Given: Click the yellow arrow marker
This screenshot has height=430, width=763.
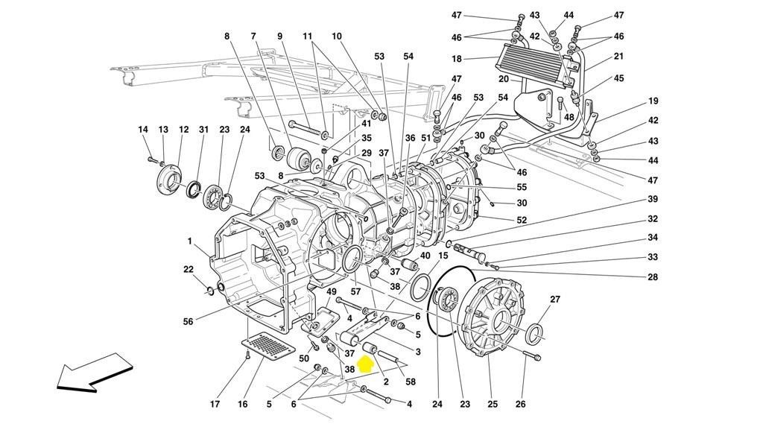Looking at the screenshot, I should pyautogui.click(x=366, y=364).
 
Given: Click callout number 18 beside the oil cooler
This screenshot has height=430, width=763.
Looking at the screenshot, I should pyautogui.click(x=457, y=59).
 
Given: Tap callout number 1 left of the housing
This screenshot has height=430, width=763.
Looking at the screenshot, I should pyautogui.click(x=190, y=241).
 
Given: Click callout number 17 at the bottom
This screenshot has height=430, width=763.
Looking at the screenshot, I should pyautogui.click(x=215, y=405).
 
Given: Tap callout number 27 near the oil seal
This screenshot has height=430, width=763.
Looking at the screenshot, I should pyautogui.click(x=555, y=300).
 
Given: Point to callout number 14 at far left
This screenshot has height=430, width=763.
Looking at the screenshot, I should pyautogui.click(x=143, y=130).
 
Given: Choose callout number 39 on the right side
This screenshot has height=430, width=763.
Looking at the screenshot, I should pyautogui.click(x=653, y=199).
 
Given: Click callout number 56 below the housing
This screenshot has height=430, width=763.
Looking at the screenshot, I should pyautogui.click(x=189, y=322).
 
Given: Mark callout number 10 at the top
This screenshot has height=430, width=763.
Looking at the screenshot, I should pyautogui.click(x=337, y=36).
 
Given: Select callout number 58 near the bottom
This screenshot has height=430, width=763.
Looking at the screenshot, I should pyautogui.click(x=411, y=382).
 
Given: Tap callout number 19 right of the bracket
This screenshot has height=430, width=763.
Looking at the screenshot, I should pyautogui.click(x=653, y=101).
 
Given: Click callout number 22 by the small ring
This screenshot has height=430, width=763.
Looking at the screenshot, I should pyautogui.click(x=189, y=269).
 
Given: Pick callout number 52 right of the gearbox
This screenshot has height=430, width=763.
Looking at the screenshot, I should pyautogui.click(x=522, y=220).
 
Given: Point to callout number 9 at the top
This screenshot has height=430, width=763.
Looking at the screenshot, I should pyautogui.click(x=280, y=36).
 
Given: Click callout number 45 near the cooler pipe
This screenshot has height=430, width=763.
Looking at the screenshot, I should pyautogui.click(x=619, y=79).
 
